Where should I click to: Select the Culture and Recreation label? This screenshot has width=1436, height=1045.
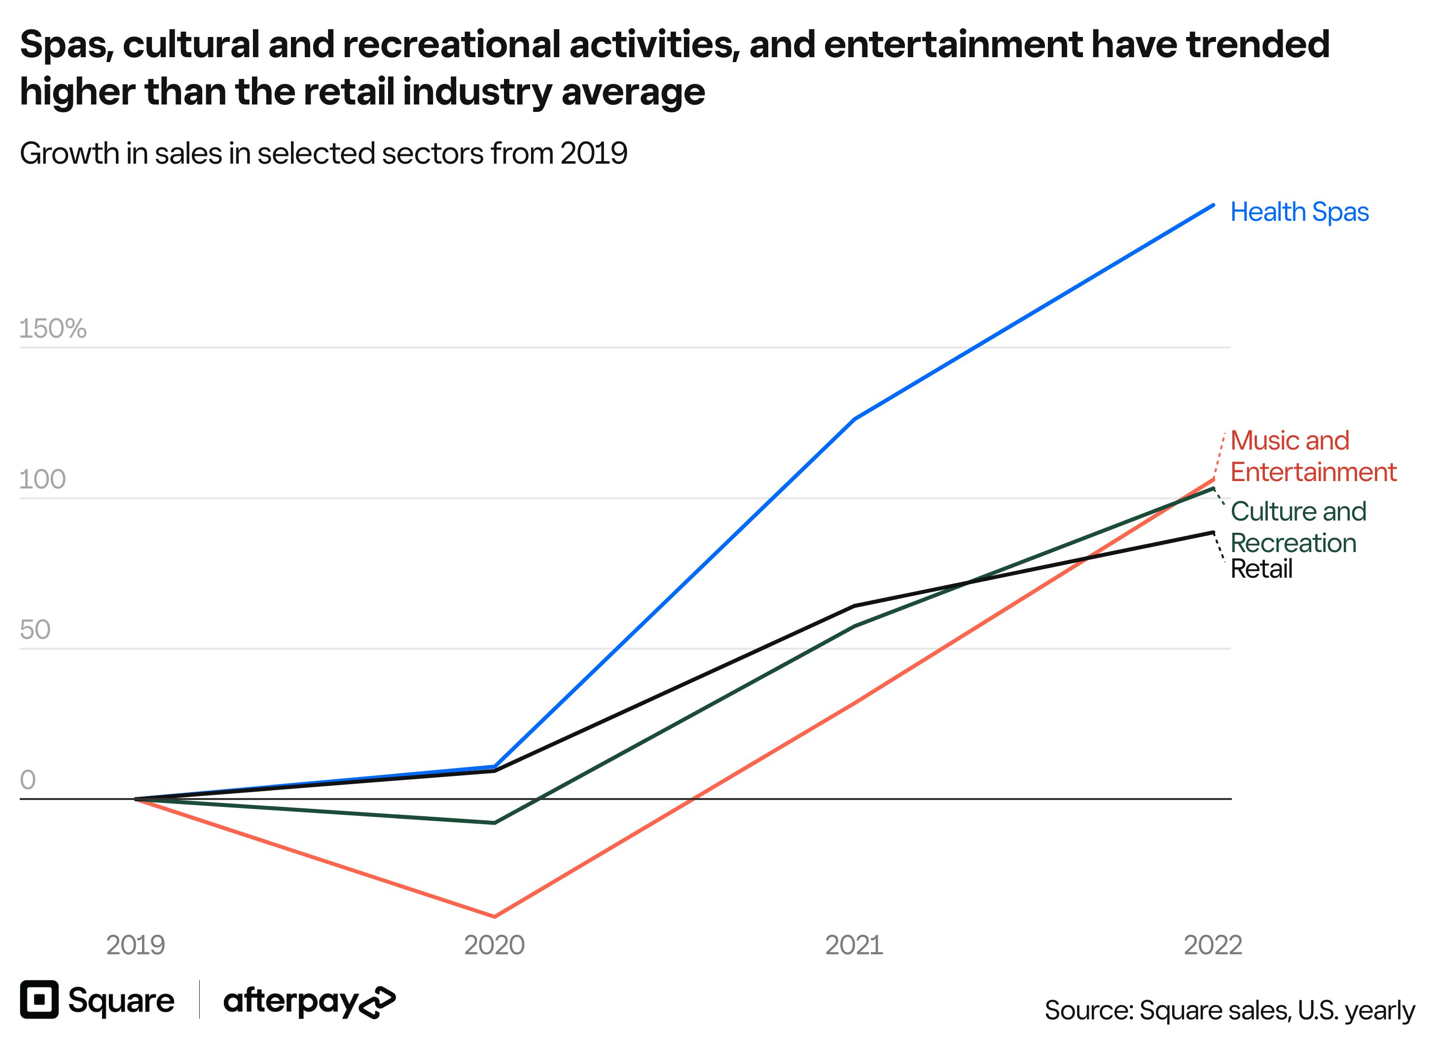1297,526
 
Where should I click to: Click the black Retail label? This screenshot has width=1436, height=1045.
1260,569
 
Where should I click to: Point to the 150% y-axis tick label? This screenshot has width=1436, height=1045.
53,328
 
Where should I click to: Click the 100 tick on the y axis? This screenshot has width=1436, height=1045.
42,480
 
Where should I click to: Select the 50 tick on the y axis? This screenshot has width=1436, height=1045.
35,630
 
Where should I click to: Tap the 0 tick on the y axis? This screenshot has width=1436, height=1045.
28,780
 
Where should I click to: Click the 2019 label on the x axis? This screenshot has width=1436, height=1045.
136,945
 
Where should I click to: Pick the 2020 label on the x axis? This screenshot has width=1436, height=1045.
495,945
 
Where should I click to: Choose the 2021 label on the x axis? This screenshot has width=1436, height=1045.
854,945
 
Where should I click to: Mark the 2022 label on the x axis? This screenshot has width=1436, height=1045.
1213,945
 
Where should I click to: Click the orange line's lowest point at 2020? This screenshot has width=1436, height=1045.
495,916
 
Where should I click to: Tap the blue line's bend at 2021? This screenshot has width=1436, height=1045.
854,419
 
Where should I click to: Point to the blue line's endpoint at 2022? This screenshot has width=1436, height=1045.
1213,205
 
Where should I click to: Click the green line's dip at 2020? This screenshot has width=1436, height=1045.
495,823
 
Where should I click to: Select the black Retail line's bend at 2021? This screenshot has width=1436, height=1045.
854,606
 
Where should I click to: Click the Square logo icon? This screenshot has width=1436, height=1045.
39,1000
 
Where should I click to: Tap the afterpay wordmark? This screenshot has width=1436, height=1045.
309,1001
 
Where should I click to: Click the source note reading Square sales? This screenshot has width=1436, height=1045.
1229,1010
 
